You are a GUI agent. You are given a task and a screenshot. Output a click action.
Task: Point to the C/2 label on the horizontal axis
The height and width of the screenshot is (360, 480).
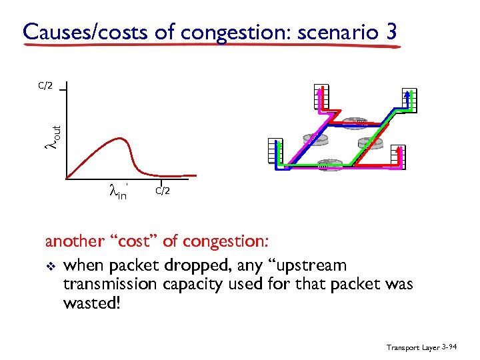coord(163,191)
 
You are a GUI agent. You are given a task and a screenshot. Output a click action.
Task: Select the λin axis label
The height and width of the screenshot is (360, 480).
coord(117,193)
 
